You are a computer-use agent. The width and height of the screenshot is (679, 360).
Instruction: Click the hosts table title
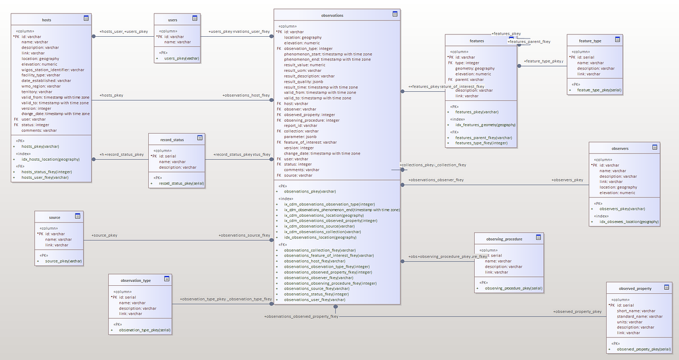coord(46,19)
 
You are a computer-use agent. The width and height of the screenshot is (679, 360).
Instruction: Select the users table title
coord(173,20)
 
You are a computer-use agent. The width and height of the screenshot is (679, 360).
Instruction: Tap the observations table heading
coord(332,15)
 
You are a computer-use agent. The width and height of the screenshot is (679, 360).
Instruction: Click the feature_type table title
coord(590,41)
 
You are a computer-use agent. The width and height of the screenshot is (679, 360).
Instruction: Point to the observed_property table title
coord(635,288)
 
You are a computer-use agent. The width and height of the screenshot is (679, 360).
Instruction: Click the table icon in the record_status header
coord(200,138)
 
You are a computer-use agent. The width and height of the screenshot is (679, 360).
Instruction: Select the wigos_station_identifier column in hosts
coord(53,70)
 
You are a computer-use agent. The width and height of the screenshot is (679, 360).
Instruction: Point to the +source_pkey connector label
coord(104,235)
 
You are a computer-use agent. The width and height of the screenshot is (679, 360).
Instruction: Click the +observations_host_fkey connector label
coord(246,95)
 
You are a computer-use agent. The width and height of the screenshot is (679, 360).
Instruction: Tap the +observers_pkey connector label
coord(567,180)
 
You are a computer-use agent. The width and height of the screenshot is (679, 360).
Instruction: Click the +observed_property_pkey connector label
coord(577,311)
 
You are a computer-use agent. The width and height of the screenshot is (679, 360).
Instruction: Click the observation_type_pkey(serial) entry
coord(144,330)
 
